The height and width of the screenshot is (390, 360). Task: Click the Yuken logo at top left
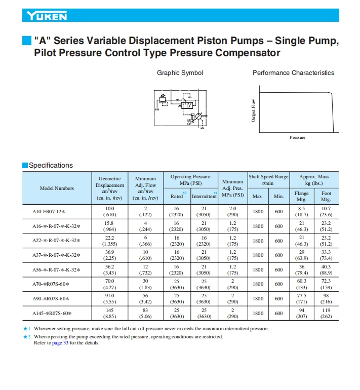(47, 16)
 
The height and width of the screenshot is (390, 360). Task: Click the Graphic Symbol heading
(180, 73)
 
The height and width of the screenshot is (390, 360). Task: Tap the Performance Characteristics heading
(293, 73)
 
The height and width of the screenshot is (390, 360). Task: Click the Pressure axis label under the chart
(297, 138)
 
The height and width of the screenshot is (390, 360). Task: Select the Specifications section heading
(51, 166)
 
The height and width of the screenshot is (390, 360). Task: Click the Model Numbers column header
(57, 188)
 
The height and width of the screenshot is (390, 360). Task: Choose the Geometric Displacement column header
(109, 188)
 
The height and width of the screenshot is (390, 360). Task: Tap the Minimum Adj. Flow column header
(145, 188)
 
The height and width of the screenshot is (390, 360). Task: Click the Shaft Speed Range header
(268, 180)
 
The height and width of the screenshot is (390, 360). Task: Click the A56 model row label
(56, 270)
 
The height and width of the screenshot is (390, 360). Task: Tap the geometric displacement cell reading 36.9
(109, 252)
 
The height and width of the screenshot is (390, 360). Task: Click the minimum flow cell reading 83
(145, 310)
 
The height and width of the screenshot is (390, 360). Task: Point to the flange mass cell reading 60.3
(301, 281)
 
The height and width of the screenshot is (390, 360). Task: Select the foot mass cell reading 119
(326, 310)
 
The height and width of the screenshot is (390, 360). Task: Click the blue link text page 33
(60, 343)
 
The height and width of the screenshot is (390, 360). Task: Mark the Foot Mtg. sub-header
(326, 197)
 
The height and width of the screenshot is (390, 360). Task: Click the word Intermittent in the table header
(204, 197)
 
